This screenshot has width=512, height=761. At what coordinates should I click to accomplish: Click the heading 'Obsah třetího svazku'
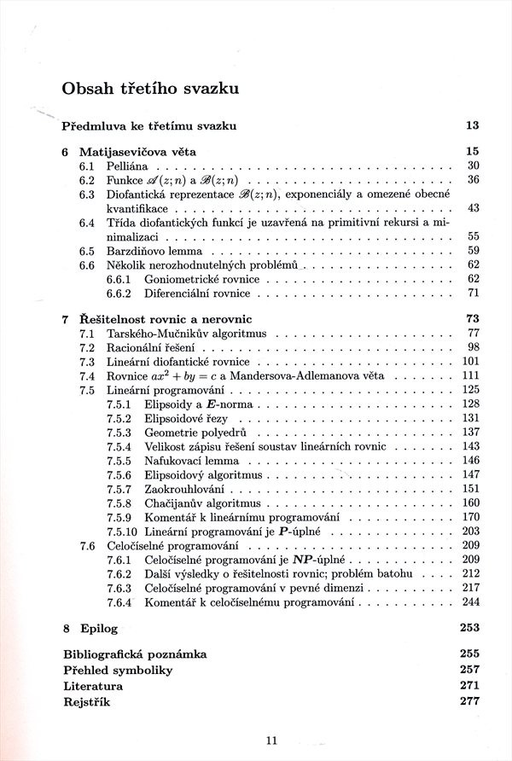[149, 88]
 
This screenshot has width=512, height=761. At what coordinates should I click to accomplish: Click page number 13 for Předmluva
[472, 126]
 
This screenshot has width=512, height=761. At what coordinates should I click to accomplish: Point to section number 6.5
[86, 252]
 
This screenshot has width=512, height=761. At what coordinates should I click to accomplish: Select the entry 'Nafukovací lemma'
[191, 461]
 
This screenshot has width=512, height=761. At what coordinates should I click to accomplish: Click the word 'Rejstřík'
[88, 701]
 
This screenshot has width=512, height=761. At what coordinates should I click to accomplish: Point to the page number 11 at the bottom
[272, 741]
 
